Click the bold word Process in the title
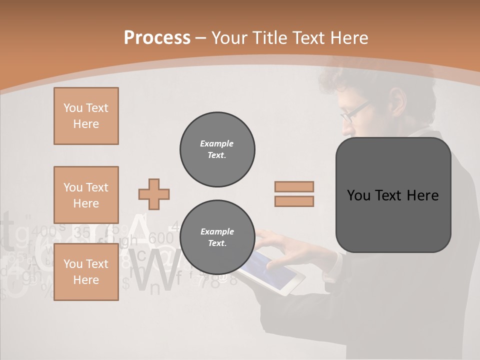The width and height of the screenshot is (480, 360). click(x=157, y=38)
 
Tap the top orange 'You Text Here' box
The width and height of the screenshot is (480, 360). click(x=86, y=116)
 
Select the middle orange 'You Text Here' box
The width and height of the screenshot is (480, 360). click(x=86, y=195)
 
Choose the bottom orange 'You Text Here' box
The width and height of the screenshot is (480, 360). click(x=86, y=272)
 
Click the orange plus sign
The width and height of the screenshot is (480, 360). click(x=154, y=194)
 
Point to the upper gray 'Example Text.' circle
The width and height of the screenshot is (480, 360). click(x=217, y=149)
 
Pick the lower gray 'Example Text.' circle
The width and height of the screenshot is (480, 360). click(x=217, y=237)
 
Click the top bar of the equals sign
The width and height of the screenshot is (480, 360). click(x=294, y=186)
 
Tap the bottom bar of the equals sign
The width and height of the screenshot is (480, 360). click(x=294, y=201)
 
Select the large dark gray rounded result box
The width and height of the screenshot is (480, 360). click(x=393, y=195)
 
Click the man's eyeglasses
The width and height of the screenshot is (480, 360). click(x=353, y=111)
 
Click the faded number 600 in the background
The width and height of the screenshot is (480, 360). click(x=160, y=238)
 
